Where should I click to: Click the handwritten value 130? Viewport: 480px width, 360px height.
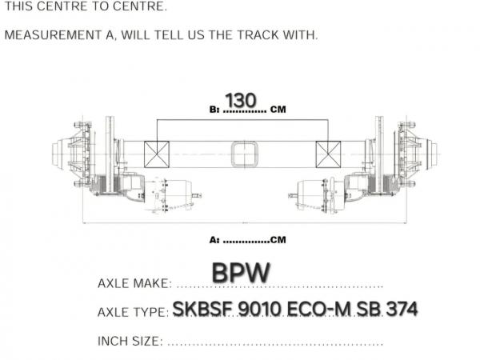click(x=241, y=100)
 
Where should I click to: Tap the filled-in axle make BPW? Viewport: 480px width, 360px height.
click(x=241, y=273)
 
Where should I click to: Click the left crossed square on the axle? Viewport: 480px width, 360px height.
click(x=157, y=154)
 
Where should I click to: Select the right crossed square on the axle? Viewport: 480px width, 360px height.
click(x=328, y=154)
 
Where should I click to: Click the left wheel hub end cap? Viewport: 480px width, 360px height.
click(x=59, y=154)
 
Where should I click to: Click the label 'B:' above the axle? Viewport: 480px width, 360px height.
click(x=214, y=110)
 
